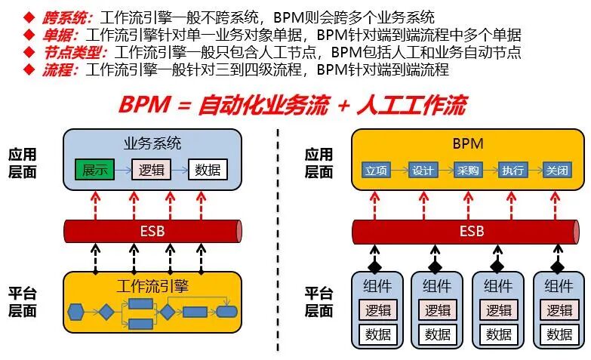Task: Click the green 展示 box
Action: point(94,170)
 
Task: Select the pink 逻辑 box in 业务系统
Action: point(152,170)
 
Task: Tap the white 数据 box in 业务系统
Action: point(207,170)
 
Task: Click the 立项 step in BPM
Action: point(377,171)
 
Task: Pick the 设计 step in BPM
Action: point(423,171)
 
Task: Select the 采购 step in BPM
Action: point(467,171)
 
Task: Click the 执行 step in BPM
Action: point(512,171)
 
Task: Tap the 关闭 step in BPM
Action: point(556,171)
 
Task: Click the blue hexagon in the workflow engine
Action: point(75,311)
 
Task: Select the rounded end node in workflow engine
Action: point(226,311)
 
